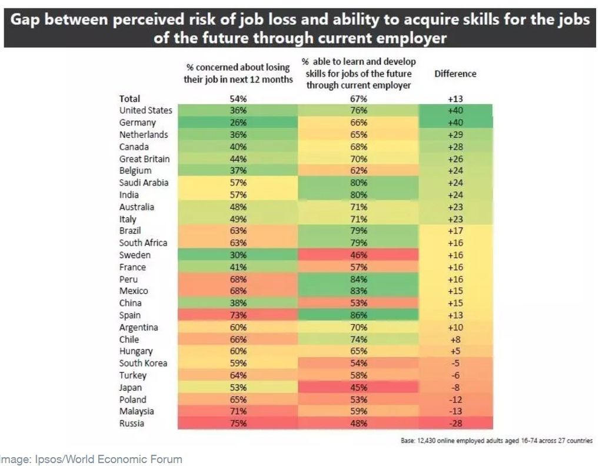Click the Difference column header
click(x=455, y=74)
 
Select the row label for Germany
click(x=138, y=123)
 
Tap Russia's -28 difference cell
click(x=455, y=424)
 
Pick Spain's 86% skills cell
click(x=358, y=315)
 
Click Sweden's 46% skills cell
click(x=358, y=255)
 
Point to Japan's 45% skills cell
click(x=358, y=388)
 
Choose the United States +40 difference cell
click(x=455, y=111)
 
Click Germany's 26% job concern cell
click(x=238, y=123)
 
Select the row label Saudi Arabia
click(x=144, y=183)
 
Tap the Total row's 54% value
click(x=238, y=99)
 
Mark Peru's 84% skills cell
click(x=358, y=279)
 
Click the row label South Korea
click(x=143, y=363)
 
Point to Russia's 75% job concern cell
click(x=238, y=424)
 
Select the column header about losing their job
click(x=238, y=74)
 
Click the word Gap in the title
click(x=30, y=20)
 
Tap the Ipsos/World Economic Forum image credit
click(x=91, y=459)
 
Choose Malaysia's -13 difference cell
click(x=455, y=411)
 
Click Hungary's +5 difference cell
click(x=455, y=351)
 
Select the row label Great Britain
click(x=144, y=159)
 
